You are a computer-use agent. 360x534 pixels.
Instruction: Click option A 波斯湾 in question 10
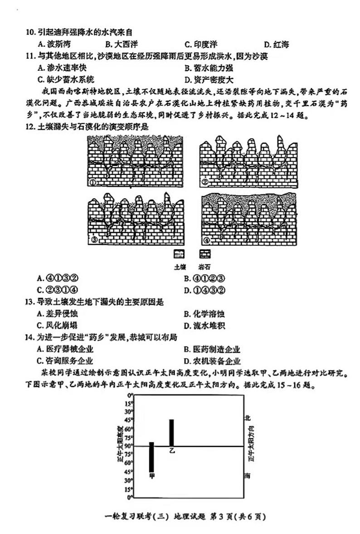55,44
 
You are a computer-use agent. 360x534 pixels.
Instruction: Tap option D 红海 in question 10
276,44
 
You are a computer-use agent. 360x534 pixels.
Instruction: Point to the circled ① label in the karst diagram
92,183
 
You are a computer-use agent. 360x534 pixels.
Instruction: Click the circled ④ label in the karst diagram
206,239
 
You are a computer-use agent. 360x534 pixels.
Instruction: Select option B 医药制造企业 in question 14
212,349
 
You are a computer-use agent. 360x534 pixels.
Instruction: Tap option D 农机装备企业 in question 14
212,361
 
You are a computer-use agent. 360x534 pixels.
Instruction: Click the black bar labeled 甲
151,457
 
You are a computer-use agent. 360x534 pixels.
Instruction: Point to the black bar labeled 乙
171,433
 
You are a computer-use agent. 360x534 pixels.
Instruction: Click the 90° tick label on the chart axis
130,446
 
